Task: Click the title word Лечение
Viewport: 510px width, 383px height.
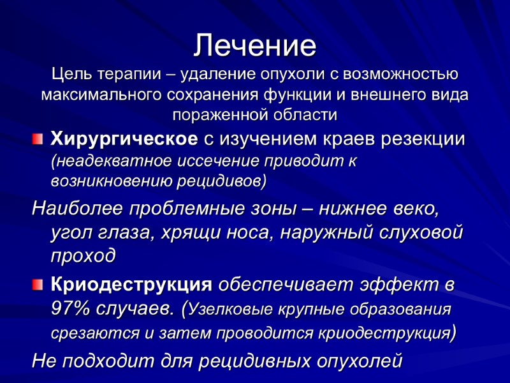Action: pos(255,46)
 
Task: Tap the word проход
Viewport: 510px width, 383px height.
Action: pos(84,255)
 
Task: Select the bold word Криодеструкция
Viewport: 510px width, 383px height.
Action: pos(131,283)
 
